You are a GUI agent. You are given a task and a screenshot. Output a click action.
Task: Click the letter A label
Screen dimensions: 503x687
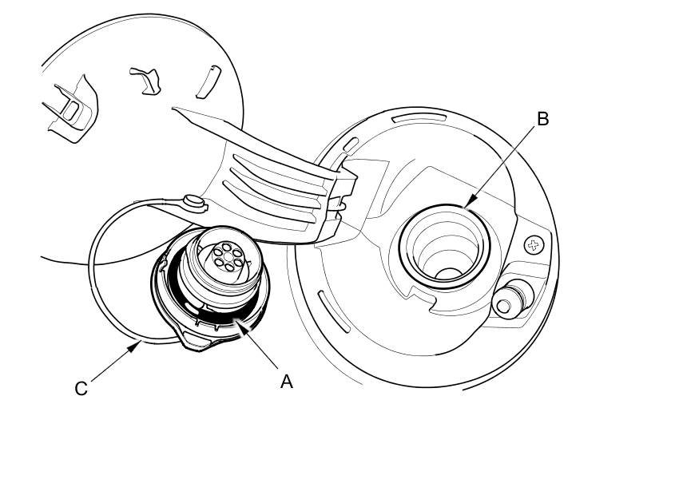coord(287,382)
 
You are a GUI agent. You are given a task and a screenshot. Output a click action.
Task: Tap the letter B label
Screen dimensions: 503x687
coord(542,119)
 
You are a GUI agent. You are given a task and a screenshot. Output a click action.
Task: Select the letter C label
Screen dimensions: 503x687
coord(81,389)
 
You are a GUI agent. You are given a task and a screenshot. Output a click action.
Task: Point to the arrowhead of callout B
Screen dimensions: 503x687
coord(465,206)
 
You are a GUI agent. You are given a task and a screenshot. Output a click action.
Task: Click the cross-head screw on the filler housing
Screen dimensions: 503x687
coord(533,244)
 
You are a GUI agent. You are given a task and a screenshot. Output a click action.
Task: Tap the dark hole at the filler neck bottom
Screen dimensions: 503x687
coord(449,273)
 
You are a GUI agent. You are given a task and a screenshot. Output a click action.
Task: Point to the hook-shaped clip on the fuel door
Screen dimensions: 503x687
coord(145,80)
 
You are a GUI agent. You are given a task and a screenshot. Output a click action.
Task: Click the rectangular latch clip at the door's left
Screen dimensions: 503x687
coord(70,107)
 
